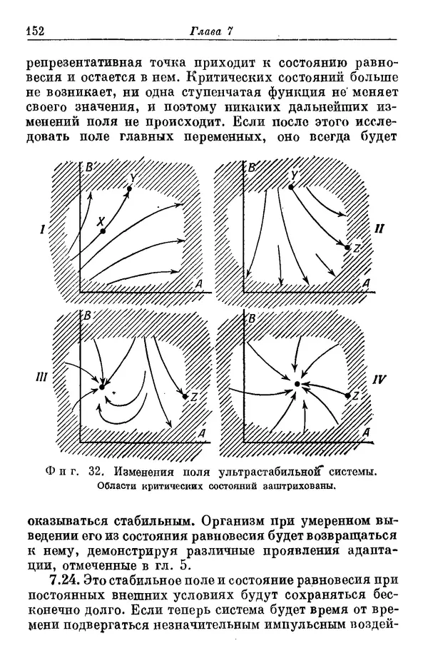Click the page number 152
35,30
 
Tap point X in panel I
103,231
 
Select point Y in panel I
130,188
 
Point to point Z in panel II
347,248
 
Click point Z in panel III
185,396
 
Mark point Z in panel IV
347,395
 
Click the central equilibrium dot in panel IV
297,384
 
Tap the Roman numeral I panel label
44,230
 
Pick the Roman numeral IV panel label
379,380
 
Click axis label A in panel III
202,433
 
